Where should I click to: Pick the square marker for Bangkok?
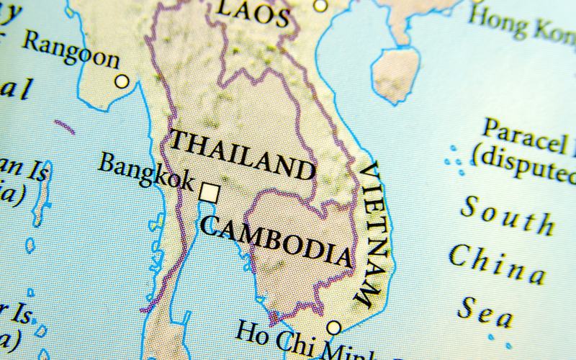coord(210,192)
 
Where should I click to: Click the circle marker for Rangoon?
coord(122,81)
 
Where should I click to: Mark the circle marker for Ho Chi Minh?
coord(333,328)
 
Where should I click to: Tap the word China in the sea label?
coord(497,263)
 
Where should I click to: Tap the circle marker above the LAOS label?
coord(321,5)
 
